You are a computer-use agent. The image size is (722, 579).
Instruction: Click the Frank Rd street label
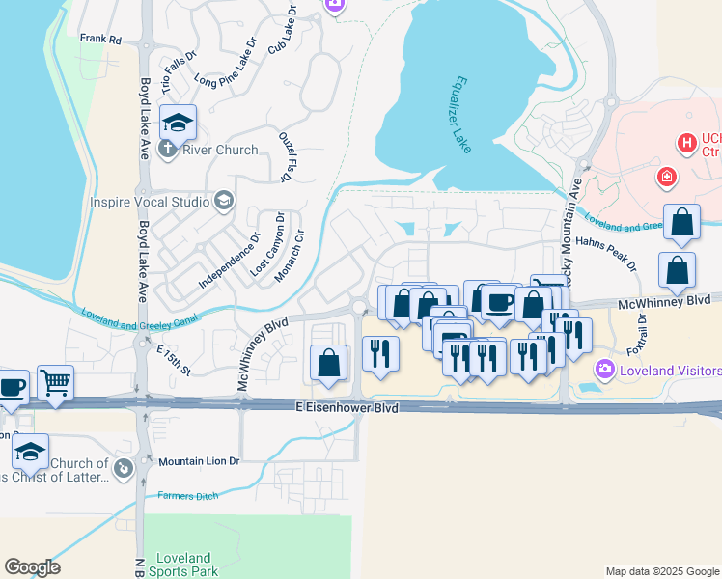(100, 40)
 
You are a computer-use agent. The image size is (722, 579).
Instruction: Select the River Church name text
(220, 150)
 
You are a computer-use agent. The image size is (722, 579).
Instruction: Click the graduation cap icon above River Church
(178, 123)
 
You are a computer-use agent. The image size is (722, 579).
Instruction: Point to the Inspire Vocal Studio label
(149, 202)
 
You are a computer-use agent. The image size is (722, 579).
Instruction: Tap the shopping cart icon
(55, 384)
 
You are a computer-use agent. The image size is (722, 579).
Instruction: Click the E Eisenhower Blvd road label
(347, 409)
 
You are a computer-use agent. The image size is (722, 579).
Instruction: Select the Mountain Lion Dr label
(198, 461)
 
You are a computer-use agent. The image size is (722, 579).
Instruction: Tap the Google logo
(31, 567)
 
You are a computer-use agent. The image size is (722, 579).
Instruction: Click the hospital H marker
(686, 144)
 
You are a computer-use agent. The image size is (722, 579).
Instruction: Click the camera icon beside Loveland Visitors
(605, 369)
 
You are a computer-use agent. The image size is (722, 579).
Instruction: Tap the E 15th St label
(175, 359)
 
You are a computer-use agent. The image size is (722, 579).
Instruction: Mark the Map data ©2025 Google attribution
(662, 571)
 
